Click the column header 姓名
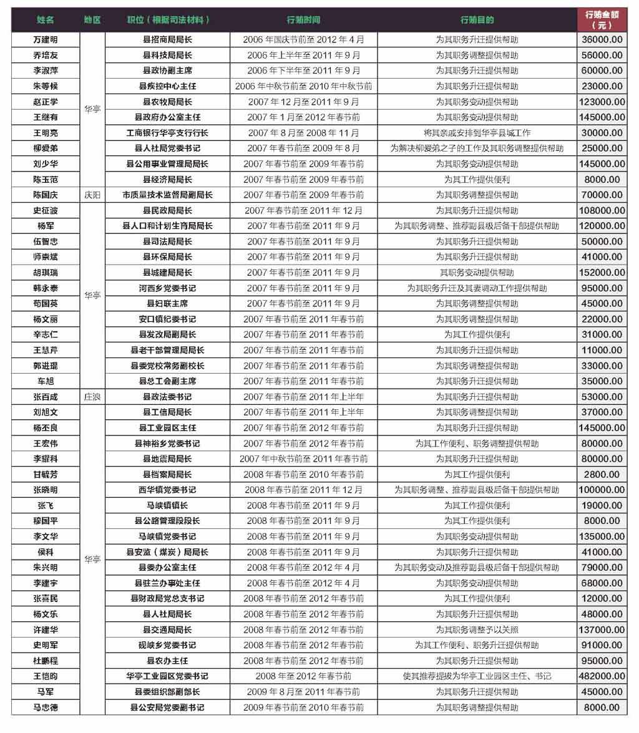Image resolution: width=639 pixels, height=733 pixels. [46, 19]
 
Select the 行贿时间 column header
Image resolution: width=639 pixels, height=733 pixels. [303, 19]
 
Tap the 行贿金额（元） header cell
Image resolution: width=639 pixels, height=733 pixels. [602, 19]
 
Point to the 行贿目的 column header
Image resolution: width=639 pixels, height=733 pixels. [477, 19]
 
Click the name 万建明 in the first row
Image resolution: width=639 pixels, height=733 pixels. [46, 39]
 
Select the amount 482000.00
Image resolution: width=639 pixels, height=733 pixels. [602, 676]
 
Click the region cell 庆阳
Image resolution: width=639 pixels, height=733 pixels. [92, 195]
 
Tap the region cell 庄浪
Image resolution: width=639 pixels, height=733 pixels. [92, 397]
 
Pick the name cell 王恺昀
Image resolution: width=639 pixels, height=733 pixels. [46, 676]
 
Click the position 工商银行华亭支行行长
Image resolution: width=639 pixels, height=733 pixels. [167, 133]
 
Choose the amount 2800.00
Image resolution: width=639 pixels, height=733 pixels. [602, 474]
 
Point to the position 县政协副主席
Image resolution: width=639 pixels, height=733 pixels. [167, 70]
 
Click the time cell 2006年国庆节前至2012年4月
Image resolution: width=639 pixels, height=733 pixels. [303, 39]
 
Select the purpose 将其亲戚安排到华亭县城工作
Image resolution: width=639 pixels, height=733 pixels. [477, 133]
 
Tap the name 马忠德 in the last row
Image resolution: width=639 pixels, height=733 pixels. [46, 707]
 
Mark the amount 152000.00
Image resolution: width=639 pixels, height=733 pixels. [602, 273]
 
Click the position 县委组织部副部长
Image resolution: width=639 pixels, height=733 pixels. [167, 692]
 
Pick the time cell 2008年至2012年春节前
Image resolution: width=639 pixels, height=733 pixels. [303, 676]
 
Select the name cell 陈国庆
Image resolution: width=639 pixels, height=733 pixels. [46, 195]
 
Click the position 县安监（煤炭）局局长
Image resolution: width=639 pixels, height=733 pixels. [167, 552]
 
